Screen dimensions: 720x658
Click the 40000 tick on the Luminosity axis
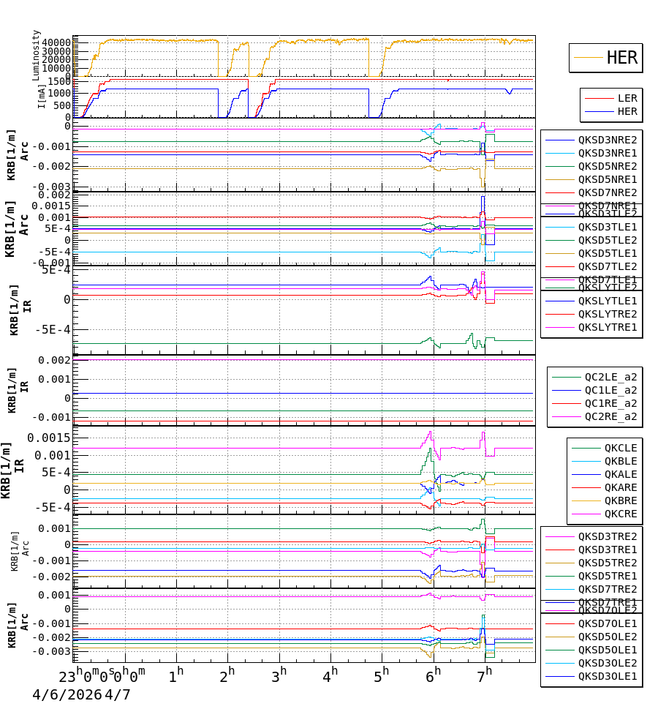(x=56, y=42)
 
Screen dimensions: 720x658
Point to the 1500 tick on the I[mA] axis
(x=61, y=81)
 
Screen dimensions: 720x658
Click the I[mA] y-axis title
(x=42, y=97)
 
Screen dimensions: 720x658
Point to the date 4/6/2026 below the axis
(x=67, y=694)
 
